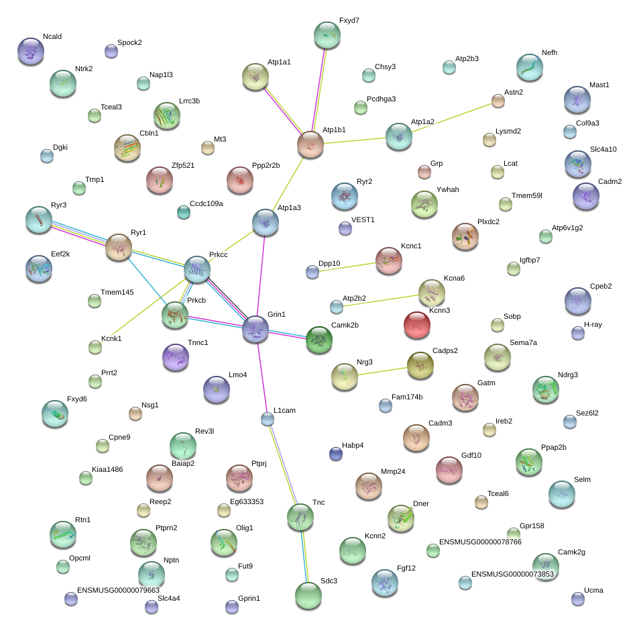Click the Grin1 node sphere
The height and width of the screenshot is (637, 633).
(255, 329)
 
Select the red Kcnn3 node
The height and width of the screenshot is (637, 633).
(416, 325)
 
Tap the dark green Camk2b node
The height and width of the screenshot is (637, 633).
(319, 340)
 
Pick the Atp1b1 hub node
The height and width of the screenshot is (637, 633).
(310, 144)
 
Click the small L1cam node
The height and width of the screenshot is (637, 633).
(268, 419)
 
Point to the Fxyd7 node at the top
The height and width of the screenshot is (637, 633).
(327, 36)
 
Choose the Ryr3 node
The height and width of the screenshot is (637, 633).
(39, 219)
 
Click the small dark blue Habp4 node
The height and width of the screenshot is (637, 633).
(336, 454)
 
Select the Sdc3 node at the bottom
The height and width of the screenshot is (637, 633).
(308, 595)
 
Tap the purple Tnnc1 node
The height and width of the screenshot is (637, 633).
(175, 357)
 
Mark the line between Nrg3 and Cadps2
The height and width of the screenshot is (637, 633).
(383, 371)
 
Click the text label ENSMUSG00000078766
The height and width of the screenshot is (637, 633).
(480, 542)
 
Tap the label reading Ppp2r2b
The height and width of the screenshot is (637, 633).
(266, 165)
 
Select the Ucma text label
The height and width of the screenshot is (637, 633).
(593, 590)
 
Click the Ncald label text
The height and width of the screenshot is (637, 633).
(52, 36)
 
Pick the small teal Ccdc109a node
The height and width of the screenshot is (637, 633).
(184, 212)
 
